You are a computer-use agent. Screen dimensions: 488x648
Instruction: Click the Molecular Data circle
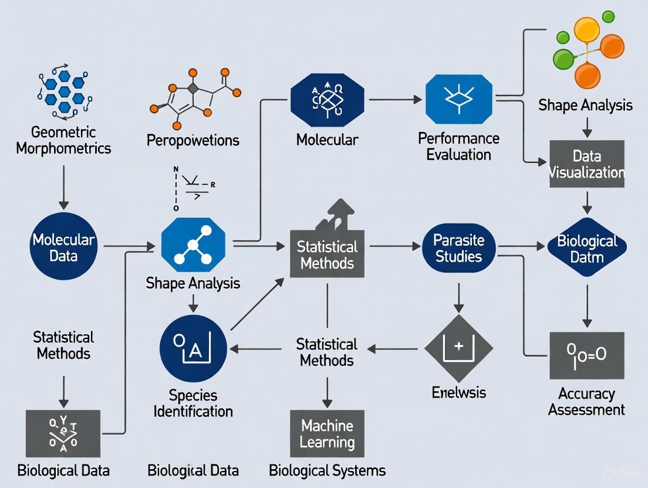point(63,247)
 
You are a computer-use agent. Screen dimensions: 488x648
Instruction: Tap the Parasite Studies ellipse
point(458,248)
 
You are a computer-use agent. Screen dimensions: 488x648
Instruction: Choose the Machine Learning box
point(327,433)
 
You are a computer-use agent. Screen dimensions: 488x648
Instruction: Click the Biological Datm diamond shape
point(587,248)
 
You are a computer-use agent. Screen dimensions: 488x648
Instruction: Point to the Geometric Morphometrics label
point(63,140)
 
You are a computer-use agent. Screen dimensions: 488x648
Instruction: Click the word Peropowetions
point(193,140)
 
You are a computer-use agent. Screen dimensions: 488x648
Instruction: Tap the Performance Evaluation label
point(458,147)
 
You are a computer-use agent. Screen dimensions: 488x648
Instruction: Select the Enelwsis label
point(458,392)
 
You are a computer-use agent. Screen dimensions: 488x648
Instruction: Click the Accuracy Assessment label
point(586,401)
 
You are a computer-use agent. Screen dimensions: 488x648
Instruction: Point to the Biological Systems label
point(327,470)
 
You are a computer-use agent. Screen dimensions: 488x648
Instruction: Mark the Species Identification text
point(193,402)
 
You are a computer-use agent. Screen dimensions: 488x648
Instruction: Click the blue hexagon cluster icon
point(64,91)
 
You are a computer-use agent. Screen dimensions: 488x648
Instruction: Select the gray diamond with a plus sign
point(458,349)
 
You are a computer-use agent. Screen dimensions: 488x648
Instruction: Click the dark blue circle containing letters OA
point(193,348)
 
